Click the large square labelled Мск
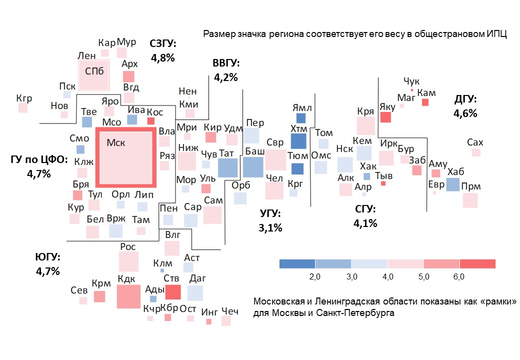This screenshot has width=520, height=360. point(126,157)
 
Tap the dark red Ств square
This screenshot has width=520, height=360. point(172,291)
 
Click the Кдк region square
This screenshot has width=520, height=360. point(128,296)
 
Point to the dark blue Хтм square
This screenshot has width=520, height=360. point(298,141)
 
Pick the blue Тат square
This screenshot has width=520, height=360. point(227,168)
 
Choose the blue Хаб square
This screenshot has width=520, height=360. point(452,184)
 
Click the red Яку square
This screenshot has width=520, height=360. point(385,117)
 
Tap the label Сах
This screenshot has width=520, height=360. point(475,142)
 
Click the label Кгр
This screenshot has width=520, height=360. point(24,98)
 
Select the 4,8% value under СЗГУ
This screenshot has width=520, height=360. point(162,58)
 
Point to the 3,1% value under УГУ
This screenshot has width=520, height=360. point(270,228)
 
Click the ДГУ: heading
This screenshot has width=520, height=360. point(465,99)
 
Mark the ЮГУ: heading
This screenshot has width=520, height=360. point(47,257)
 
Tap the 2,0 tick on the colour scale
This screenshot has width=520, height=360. point(315,276)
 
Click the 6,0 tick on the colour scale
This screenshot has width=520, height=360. point(459,276)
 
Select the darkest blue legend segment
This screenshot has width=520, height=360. point(297,264)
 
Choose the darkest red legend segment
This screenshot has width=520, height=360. point(477,264)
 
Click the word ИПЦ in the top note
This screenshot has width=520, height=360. point(497,34)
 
